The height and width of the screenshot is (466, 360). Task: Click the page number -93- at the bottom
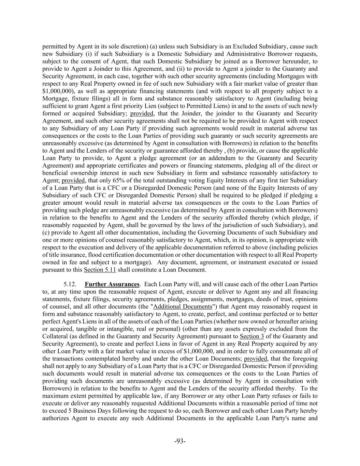pos(180,441)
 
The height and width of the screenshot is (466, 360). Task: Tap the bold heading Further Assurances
pos(112,284)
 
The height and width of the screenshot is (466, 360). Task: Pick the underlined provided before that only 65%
pos(74,180)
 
